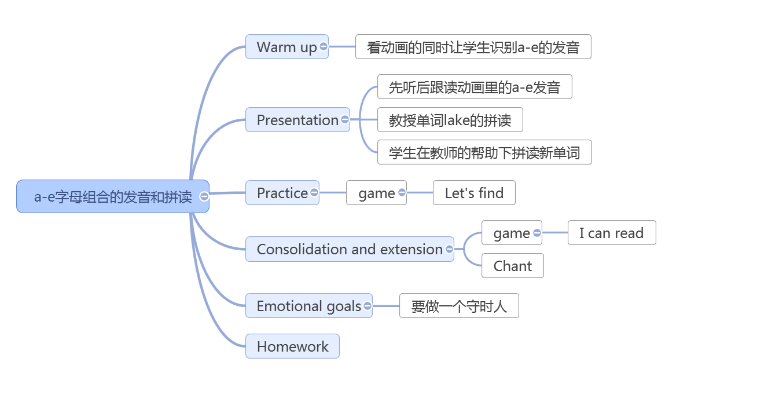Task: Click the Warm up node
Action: coord(287,47)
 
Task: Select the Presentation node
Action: coord(297,120)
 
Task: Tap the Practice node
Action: coord(282,193)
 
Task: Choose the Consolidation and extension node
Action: coord(350,249)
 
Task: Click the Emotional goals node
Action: coord(309,306)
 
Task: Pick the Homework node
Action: coord(292,346)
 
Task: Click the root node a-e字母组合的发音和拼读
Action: coord(113,196)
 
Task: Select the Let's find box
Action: coord(474,193)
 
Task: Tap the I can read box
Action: coord(612,233)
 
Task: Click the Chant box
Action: coord(513,266)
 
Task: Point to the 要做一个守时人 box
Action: coord(459,306)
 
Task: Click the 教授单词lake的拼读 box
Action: coord(450,120)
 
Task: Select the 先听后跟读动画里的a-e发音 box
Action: coord(475,87)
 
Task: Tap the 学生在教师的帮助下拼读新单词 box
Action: coord(484,152)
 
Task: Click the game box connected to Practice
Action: coord(376,193)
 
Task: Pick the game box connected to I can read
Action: coord(512,233)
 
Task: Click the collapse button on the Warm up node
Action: coord(324,46)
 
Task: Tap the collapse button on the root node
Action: coord(204,196)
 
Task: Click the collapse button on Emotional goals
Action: coord(368,306)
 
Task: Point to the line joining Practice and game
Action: coord(333,193)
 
